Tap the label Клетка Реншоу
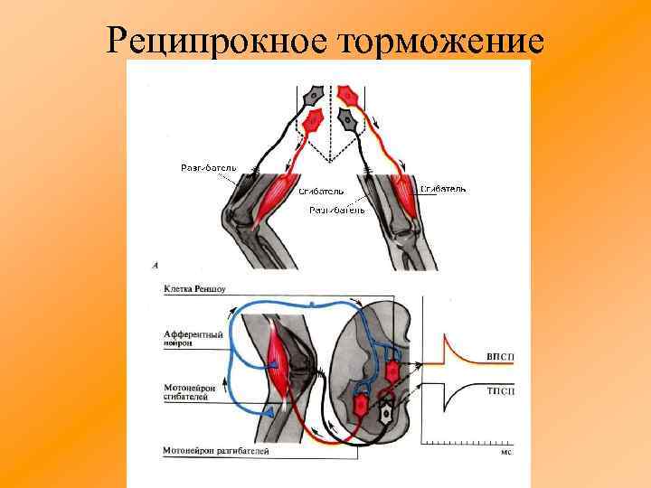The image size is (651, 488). tap(194, 291)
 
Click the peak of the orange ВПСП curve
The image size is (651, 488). tap(443, 336)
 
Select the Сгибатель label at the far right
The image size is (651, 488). tap(443, 189)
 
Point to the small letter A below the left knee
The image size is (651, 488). tap(156, 266)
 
